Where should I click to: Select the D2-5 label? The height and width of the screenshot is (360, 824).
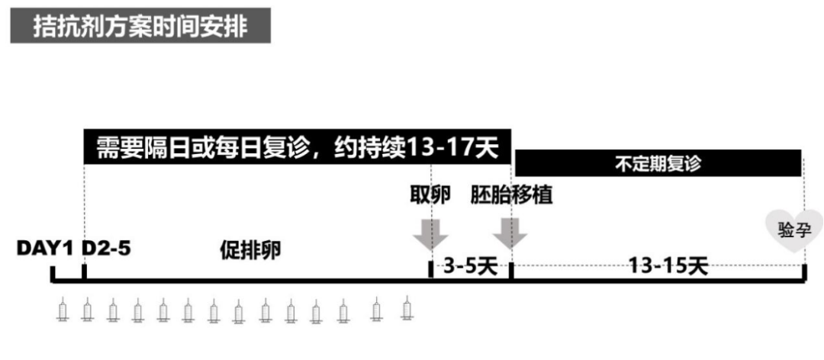coord(107,249)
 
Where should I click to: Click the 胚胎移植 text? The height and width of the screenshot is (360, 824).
coord(511,195)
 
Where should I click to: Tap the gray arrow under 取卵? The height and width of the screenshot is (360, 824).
coord(430,232)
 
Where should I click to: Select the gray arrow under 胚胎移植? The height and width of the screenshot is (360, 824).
coord(510,232)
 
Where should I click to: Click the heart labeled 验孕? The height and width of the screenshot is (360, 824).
coord(790,228)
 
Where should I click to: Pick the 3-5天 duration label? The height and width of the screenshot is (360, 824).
coord(470,266)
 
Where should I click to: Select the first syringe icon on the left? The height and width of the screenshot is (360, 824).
coord(63,310)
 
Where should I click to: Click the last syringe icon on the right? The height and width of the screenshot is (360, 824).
coord(407,309)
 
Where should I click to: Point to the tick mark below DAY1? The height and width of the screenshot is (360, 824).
coord(53,273)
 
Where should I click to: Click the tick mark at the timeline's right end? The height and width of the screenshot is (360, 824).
coord(804,273)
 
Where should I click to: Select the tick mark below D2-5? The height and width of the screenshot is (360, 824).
coord(84,272)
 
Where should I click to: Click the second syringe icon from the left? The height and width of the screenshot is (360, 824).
coord(87,310)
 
